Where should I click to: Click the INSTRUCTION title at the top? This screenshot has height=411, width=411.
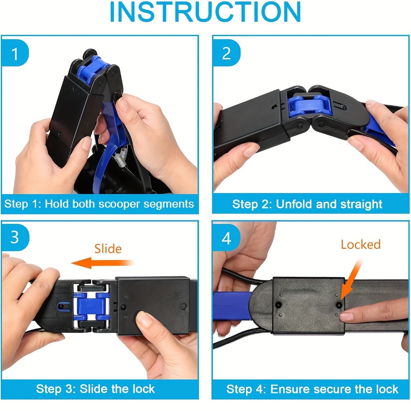click(x=205, y=12)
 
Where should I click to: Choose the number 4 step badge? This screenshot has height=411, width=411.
click(x=226, y=238)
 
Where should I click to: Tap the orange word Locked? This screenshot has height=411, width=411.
click(x=361, y=244)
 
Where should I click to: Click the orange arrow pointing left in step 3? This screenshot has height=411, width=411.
click(x=102, y=263)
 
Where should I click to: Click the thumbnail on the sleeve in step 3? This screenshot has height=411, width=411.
click(x=144, y=318)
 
